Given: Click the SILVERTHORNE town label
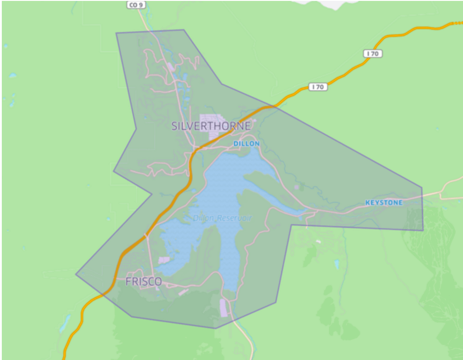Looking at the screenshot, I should click(x=211, y=126).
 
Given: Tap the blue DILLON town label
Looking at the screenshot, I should click(x=246, y=143).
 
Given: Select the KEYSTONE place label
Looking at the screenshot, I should click(x=383, y=203).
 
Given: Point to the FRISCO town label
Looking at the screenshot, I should click(x=143, y=282).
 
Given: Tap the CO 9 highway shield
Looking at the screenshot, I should click(x=136, y=5).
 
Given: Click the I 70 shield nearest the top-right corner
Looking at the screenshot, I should click(x=373, y=54).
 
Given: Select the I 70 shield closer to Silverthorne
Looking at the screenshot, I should click(x=318, y=87).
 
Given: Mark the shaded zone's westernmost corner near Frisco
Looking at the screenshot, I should click(x=76, y=274).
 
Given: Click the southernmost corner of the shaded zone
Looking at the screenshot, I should click(x=215, y=328).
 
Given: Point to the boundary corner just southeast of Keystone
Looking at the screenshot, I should click(x=423, y=230).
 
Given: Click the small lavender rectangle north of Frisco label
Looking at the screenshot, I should click(x=164, y=260).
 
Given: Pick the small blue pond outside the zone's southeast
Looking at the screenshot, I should click(x=336, y=264).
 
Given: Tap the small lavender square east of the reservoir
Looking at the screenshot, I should click(x=296, y=187).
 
